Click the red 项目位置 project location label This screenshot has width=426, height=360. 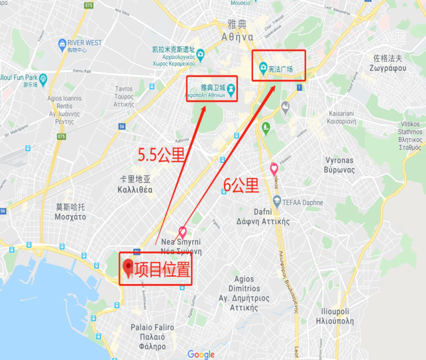(x=162, y=269)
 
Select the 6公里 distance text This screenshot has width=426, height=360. (x=240, y=187)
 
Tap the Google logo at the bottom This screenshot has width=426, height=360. (x=201, y=354)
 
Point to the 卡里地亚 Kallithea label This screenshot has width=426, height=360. (x=136, y=184)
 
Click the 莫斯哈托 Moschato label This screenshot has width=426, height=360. (x=70, y=212)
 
